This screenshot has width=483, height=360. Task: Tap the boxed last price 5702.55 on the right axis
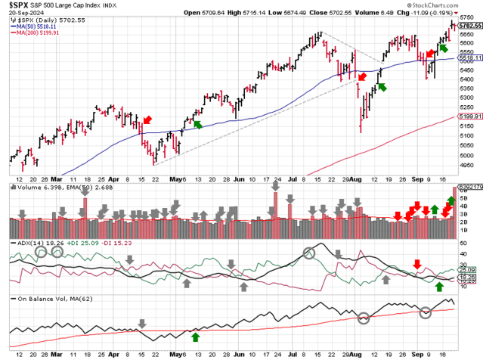[469, 25]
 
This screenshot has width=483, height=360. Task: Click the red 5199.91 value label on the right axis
[469, 116]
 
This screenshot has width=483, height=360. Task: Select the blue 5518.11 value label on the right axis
[469, 58]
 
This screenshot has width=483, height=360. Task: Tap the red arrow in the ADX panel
[417, 263]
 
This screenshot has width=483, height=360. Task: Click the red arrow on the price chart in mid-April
[147, 120]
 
